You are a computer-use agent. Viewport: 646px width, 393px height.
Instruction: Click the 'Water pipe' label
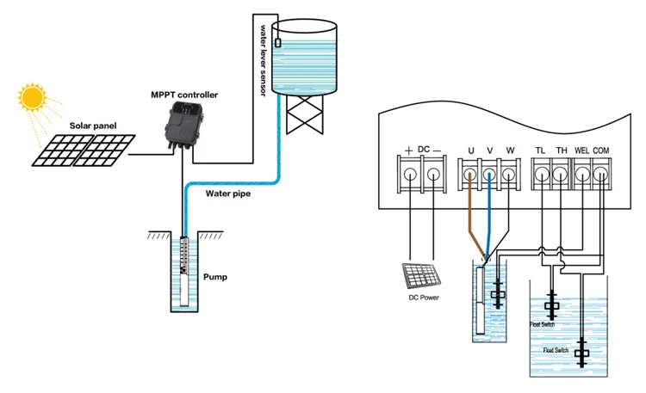pos(228,193)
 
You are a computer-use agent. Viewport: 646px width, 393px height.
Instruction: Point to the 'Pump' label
pos(214,278)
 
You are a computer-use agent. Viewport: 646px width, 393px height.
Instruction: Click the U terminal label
pos(470,151)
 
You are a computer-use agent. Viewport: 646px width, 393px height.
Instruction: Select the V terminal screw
pos(489,175)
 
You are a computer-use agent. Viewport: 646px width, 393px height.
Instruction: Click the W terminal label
pos(509,151)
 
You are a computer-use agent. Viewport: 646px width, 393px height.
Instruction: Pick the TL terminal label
pos(541,151)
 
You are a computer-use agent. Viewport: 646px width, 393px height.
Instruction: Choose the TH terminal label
pos(561,151)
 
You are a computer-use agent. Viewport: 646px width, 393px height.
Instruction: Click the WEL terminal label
pos(581,151)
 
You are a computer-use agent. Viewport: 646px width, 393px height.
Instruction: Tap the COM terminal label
pos(601,151)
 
